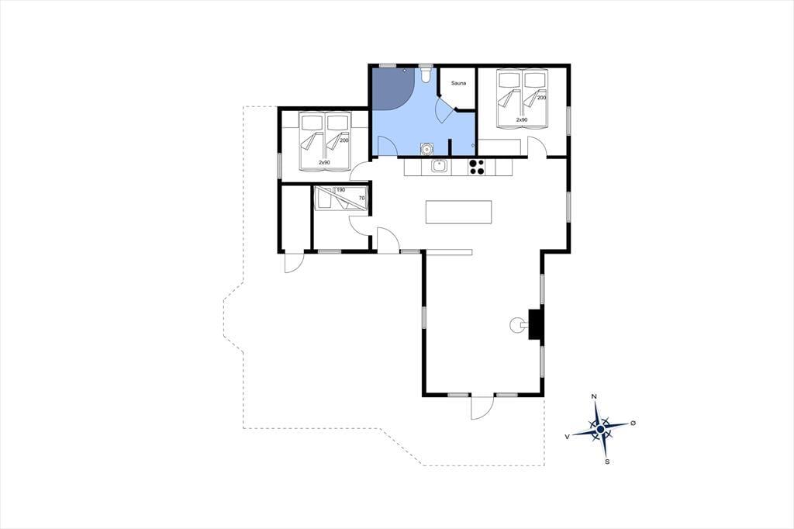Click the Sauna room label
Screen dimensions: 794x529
[x=458, y=83]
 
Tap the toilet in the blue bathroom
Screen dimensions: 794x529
[x=426, y=75]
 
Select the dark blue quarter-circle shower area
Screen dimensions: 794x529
[x=393, y=88]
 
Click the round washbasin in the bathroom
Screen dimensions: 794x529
[x=427, y=149]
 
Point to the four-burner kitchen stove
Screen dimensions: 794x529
[x=476, y=167]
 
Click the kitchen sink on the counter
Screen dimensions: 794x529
[x=439, y=166]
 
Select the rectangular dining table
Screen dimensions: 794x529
[x=459, y=212]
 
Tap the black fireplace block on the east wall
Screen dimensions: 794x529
[x=535, y=324]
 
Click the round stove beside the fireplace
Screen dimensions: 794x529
[x=517, y=324]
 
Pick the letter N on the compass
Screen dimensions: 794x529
[x=595, y=396]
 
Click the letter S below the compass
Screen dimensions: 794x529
[x=607, y=462]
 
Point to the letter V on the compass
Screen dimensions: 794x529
[x=567, y=436]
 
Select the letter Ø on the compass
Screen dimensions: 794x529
[x=633, y=423]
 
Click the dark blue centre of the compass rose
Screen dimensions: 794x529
[x=601, y=429]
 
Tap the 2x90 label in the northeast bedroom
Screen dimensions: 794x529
[x=522, y=120]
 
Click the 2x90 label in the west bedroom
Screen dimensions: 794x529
[x=324, y=163]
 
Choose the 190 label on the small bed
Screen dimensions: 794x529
[x=341, y=190]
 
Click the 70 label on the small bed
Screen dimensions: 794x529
[x=361, y=198]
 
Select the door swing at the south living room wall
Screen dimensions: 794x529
[x=482, y=407]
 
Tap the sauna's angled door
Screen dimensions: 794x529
[x=445, y=109]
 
